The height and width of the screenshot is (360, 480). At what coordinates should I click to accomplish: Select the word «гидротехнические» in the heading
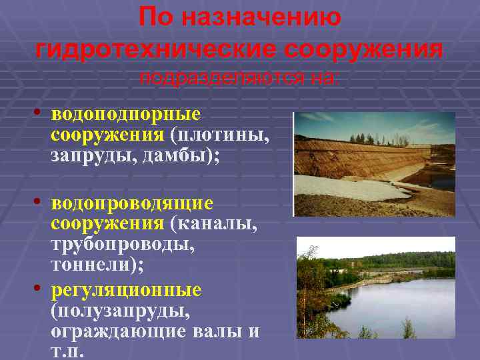point(153,49)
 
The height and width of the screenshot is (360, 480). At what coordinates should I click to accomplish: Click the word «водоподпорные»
point(125,115)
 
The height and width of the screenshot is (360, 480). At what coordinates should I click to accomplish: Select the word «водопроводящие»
point(132,202)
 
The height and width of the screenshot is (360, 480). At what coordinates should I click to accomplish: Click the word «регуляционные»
point(125,290)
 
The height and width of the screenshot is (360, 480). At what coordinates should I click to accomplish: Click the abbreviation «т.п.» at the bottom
point(67,352)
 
